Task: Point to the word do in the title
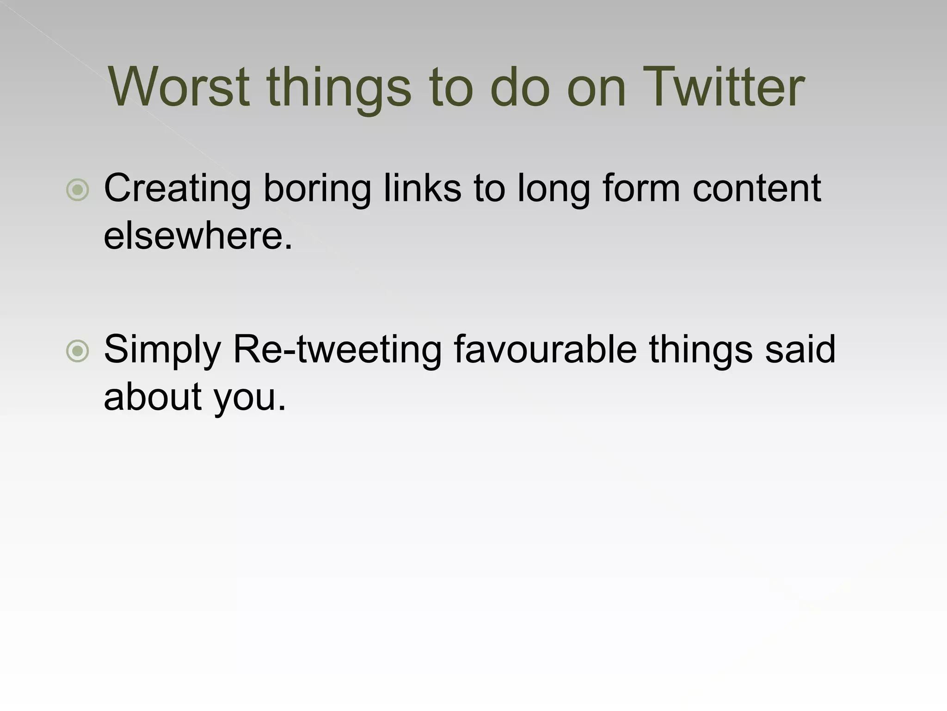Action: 520,87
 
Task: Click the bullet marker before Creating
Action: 77,190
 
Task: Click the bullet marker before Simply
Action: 77,351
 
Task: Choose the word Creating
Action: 178,189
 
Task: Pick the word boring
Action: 317,189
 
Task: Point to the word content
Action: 756,188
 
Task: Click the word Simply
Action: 162,350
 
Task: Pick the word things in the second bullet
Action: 701,350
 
